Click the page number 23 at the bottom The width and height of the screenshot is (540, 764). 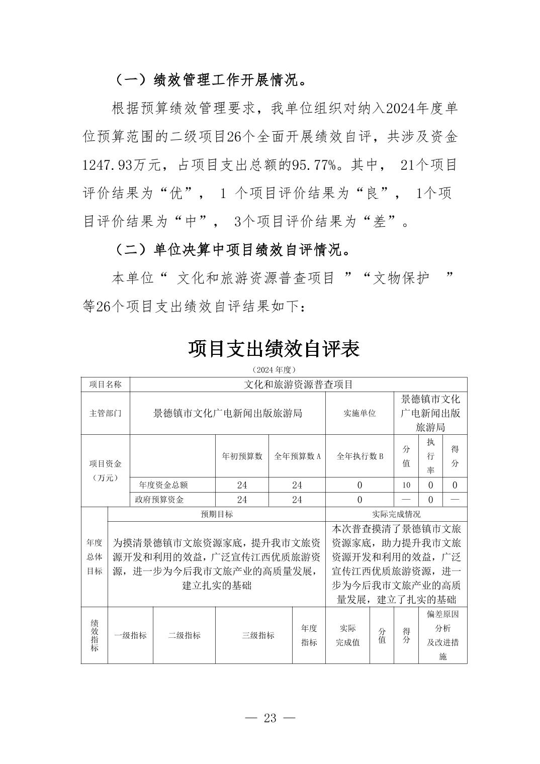pos(270,717)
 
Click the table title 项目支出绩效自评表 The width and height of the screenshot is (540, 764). pos(274,348)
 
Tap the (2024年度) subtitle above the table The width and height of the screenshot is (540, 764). pos(274,369)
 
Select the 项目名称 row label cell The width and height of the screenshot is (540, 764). pos(106,385)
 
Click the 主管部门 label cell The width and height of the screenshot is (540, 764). pos(106,413)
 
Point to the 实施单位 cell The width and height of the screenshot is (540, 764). pos(359,413)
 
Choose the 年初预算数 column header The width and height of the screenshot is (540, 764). pos(242,456)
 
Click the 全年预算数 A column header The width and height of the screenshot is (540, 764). pos(297,456)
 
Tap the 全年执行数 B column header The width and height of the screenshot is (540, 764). pos(359,456)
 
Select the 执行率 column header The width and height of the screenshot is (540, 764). pos(430,456)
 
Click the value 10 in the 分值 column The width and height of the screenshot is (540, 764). pos(406,485)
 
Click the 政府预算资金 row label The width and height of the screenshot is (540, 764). pos(160,500)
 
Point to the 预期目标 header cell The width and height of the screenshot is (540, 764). pos(217,514)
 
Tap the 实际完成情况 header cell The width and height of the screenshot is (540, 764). pos(396,514)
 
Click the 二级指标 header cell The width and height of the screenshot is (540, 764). pos(184,635)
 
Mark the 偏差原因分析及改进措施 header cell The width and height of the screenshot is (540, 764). pos(442,635)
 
